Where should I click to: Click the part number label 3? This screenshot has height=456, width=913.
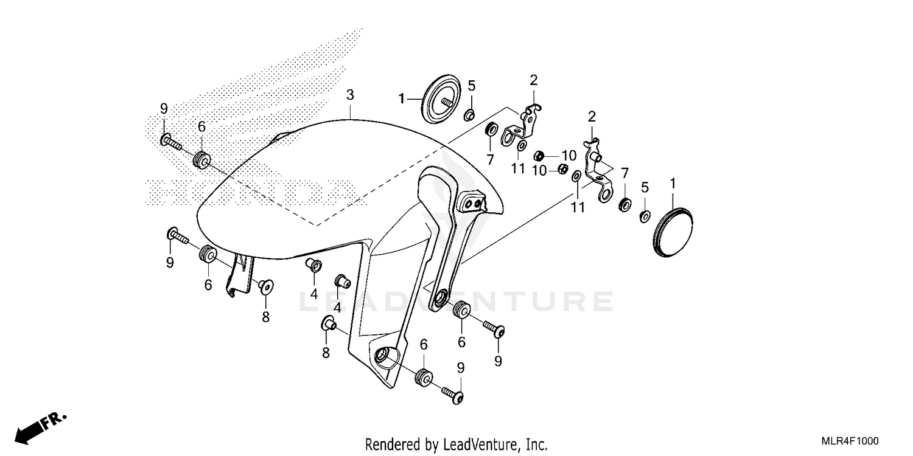[x=350, y=95]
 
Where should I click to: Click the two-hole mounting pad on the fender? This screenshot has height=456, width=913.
[x=473, y=203]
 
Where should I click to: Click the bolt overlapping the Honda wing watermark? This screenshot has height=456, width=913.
[x=172, y=143]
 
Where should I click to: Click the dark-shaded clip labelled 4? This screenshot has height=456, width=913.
[x=341, y=281]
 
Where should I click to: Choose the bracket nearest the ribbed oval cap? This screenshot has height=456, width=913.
[x=597, y=168]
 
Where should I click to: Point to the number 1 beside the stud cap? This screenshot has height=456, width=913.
[x=402, y=97]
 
